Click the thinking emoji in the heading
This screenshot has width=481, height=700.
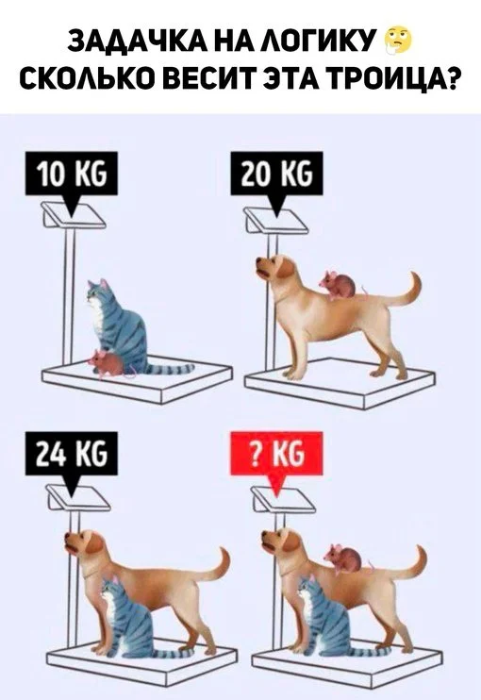398,41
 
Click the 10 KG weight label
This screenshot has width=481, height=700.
72,173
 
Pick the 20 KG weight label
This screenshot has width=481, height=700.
276,173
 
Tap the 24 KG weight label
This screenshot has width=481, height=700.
72,453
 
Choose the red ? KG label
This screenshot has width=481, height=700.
276,453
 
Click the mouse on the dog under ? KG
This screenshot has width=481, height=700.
344,558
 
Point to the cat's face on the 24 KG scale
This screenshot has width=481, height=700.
110,591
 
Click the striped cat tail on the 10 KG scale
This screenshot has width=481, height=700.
171,369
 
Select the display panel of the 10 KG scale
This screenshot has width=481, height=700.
74,214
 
